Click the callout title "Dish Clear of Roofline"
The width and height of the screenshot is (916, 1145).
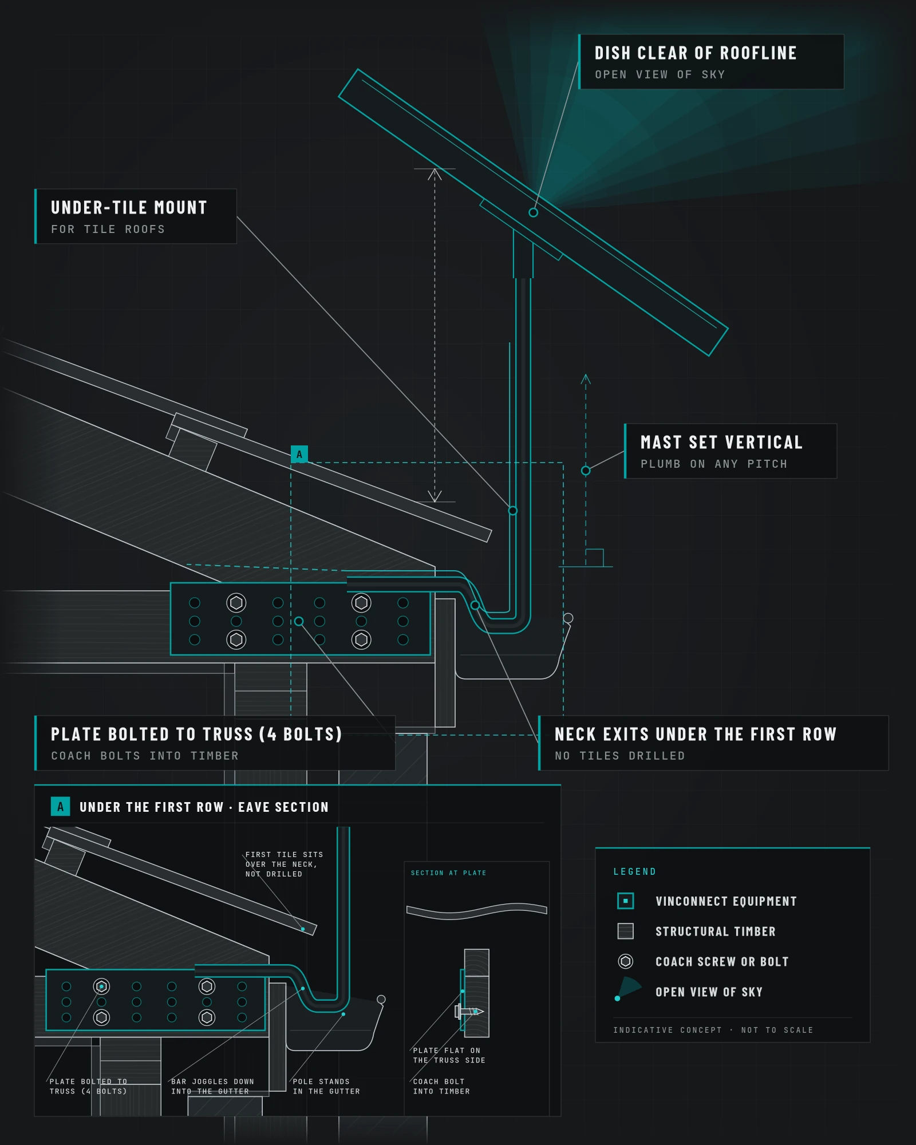click(696, 53)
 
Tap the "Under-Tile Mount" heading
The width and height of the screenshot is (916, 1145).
click(129, 207)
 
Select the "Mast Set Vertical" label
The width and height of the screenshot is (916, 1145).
click(721, 442)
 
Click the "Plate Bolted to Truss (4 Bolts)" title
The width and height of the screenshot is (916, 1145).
click(196, 734)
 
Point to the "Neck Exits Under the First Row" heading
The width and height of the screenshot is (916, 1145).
click(696, 734)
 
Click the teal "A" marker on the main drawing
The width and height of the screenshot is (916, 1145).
click(299, 454)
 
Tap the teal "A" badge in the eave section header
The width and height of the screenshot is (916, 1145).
click(60, 807)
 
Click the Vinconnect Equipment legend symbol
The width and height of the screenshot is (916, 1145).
click(625, 901)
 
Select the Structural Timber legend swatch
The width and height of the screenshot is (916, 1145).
click(625, 931)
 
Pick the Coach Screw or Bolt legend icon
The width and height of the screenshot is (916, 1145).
click(625, 961)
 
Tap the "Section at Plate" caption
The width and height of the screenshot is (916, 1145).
click(448, 873)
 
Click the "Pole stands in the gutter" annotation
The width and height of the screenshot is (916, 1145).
click(326, 1087)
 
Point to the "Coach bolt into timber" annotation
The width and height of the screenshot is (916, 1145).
click(441, 1087)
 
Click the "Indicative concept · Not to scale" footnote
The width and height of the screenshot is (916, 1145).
click(713, 1030)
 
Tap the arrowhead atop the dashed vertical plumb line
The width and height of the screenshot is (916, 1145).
click(586, 378)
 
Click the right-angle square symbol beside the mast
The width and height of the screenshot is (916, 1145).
click(594, 558)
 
